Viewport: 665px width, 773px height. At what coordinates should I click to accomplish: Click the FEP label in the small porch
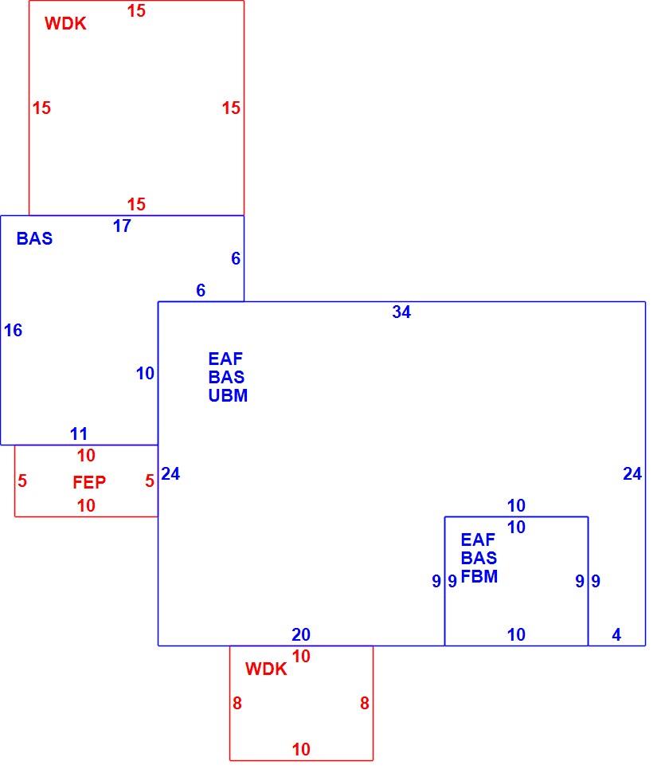point(89,481)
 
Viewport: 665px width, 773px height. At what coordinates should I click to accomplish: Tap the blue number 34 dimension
point(401,312)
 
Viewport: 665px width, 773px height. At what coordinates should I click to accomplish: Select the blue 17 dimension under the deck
point(122,226)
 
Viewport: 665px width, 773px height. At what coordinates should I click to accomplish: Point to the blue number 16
point(14,330)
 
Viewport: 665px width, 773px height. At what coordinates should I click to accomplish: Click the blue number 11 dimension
point(79,434)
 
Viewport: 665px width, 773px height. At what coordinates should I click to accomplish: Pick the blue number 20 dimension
point(301,634)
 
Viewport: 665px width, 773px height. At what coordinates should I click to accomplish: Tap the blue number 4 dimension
point(616,634)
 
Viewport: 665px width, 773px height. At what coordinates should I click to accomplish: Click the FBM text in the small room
point(479,576)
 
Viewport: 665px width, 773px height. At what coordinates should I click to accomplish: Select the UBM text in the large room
point(228,395)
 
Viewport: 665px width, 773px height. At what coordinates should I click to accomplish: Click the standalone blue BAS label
point(34,238)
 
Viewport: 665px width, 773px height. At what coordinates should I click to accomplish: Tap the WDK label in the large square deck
point(65,23)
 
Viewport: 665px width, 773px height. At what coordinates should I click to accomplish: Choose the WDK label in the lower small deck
point(266,669)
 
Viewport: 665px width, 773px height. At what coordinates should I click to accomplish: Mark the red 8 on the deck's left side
point(237,703)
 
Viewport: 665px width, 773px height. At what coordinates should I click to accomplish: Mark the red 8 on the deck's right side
point(365,703)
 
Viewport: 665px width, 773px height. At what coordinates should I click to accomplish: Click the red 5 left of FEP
point(22,481)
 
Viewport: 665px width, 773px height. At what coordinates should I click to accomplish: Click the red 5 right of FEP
point(150,481)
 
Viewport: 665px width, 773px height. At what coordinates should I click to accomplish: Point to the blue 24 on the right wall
point(632,473)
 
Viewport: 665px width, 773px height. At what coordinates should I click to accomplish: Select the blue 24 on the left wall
point(170,473)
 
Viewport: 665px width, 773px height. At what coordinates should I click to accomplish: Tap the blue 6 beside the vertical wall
point(236,258)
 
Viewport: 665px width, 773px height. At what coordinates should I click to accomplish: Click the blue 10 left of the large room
point(145,373)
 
